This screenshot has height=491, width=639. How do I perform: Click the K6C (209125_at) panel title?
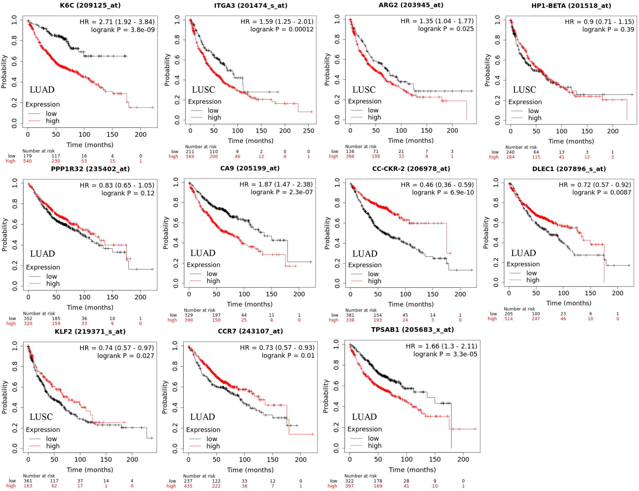(x=90, y=5)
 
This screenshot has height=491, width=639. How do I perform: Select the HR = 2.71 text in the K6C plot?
(x=117, y=22)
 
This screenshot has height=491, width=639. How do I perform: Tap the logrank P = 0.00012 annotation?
(x=282, y=29)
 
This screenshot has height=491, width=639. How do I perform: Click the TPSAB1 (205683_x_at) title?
(x=412, y=330)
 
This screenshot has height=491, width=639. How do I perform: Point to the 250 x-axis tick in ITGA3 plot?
(x=309, y=131)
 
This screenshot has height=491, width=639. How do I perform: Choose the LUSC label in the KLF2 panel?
(x=41, y=417)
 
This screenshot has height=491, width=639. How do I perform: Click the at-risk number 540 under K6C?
(x=27, y=161)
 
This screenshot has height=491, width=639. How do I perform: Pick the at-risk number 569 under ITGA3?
(x=190, y=156)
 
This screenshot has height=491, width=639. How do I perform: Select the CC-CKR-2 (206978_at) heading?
(x=411, y=169)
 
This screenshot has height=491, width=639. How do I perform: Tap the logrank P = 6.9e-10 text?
(x=443, y=192)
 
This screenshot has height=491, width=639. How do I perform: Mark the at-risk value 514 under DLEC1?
(x=508, y=318)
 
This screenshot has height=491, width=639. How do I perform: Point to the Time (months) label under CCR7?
(x=250, y=470)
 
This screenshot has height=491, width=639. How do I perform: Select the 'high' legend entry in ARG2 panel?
(x=374, y=117)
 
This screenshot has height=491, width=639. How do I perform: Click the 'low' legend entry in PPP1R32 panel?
(x=51, y=276)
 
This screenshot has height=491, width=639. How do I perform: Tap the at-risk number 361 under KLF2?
(x=28, y=481)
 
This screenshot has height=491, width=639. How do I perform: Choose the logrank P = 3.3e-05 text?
(x=445, y=354)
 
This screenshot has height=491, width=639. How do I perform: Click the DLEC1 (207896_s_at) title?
(x=569, y=169)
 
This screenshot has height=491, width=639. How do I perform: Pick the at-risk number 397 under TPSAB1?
(x=349, y=486)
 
